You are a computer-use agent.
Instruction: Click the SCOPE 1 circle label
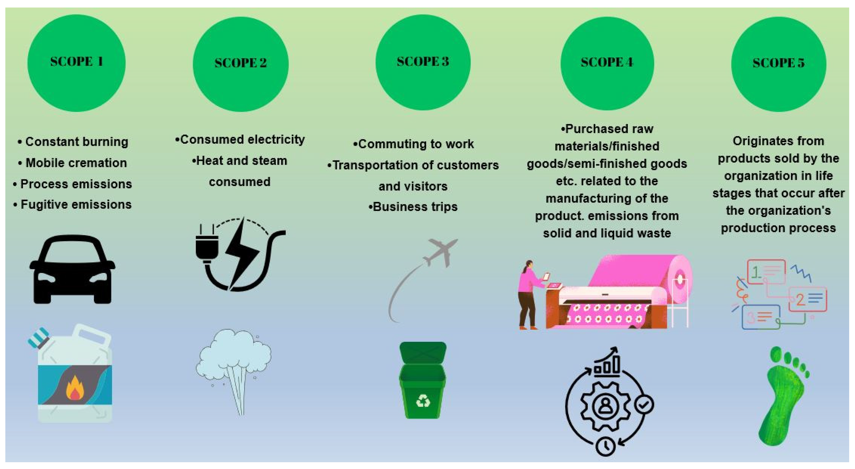click(76, 62)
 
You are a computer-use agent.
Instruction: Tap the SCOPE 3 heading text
click(423, 62)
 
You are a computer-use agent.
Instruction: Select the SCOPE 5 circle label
click(778, 63)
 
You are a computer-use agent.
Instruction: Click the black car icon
click(72, 269)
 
